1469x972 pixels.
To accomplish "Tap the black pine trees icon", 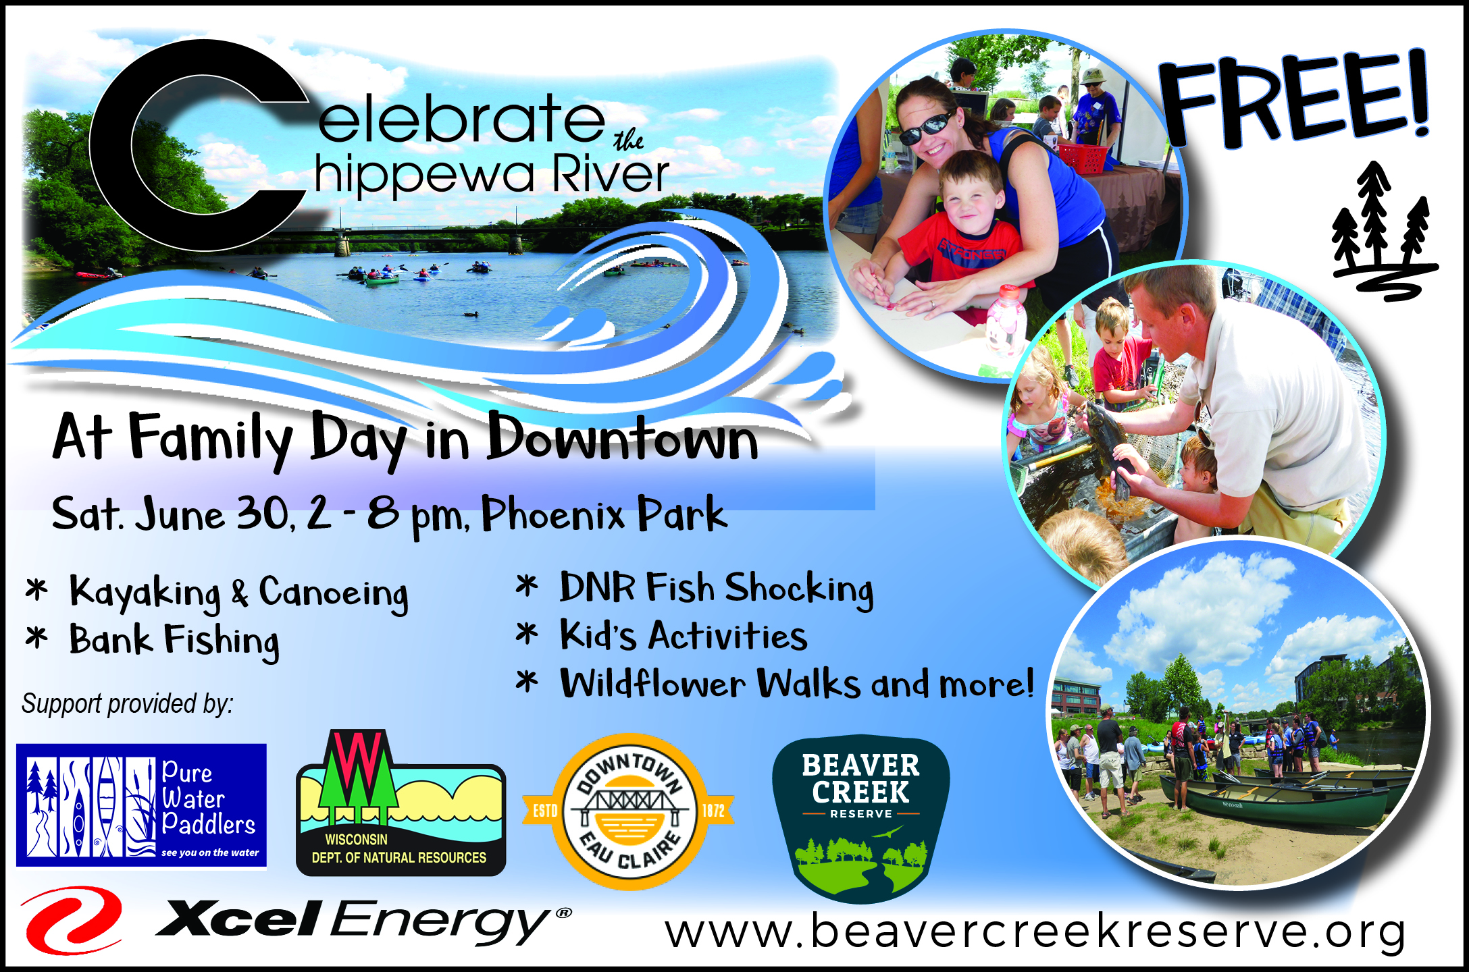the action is tap(1383, 230).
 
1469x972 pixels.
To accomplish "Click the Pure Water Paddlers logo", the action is tap(141, 805).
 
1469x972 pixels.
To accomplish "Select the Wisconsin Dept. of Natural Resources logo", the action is tap(401, 803).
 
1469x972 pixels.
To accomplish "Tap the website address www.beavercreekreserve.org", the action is tap(1035, 932).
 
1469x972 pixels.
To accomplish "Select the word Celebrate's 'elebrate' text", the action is tap(461, 119).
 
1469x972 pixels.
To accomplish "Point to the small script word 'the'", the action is tap(628, 140).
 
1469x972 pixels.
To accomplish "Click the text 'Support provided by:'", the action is tap(128, 704).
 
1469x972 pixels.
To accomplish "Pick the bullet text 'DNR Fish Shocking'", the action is tap(717, 589).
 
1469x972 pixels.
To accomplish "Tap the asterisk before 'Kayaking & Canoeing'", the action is tap(36, 589).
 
